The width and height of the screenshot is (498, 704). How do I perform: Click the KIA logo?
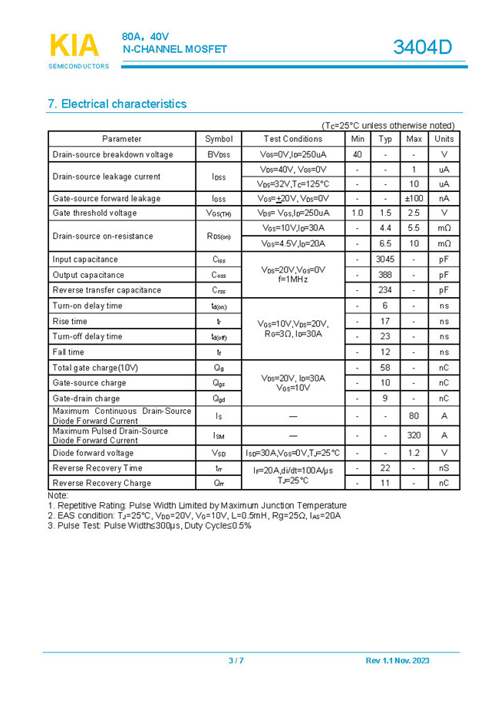tap(74, 46)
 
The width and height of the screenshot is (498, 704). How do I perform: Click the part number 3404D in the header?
tap(422, 48)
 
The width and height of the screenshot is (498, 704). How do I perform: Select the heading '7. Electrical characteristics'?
tap(117, 104)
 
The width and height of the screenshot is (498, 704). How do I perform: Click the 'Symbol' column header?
tap(219, 139)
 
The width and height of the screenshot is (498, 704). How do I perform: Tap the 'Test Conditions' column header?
tap(293, 139)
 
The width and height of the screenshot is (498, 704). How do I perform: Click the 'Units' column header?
tap(444, 139)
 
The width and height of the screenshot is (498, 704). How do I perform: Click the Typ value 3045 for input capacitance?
tap(385, 259)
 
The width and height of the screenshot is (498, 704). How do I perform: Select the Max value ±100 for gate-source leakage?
tap(414, 198)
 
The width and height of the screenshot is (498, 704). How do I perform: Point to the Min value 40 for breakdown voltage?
tap(358, 154)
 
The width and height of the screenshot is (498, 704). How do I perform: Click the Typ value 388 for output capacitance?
tap(385, 275)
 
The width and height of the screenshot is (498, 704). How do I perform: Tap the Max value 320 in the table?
tap(414, 435)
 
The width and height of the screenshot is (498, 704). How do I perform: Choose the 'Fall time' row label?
tap(70, 352)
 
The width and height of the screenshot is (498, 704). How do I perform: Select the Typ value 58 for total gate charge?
tap(385, 368)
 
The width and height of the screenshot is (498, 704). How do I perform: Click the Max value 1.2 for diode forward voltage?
tap(414, 453)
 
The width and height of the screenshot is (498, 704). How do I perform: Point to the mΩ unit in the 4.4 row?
tap(444, 228)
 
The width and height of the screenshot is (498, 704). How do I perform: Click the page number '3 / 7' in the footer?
tap(236, 661)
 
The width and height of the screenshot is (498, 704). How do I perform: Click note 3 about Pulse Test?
tap(150, 526)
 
